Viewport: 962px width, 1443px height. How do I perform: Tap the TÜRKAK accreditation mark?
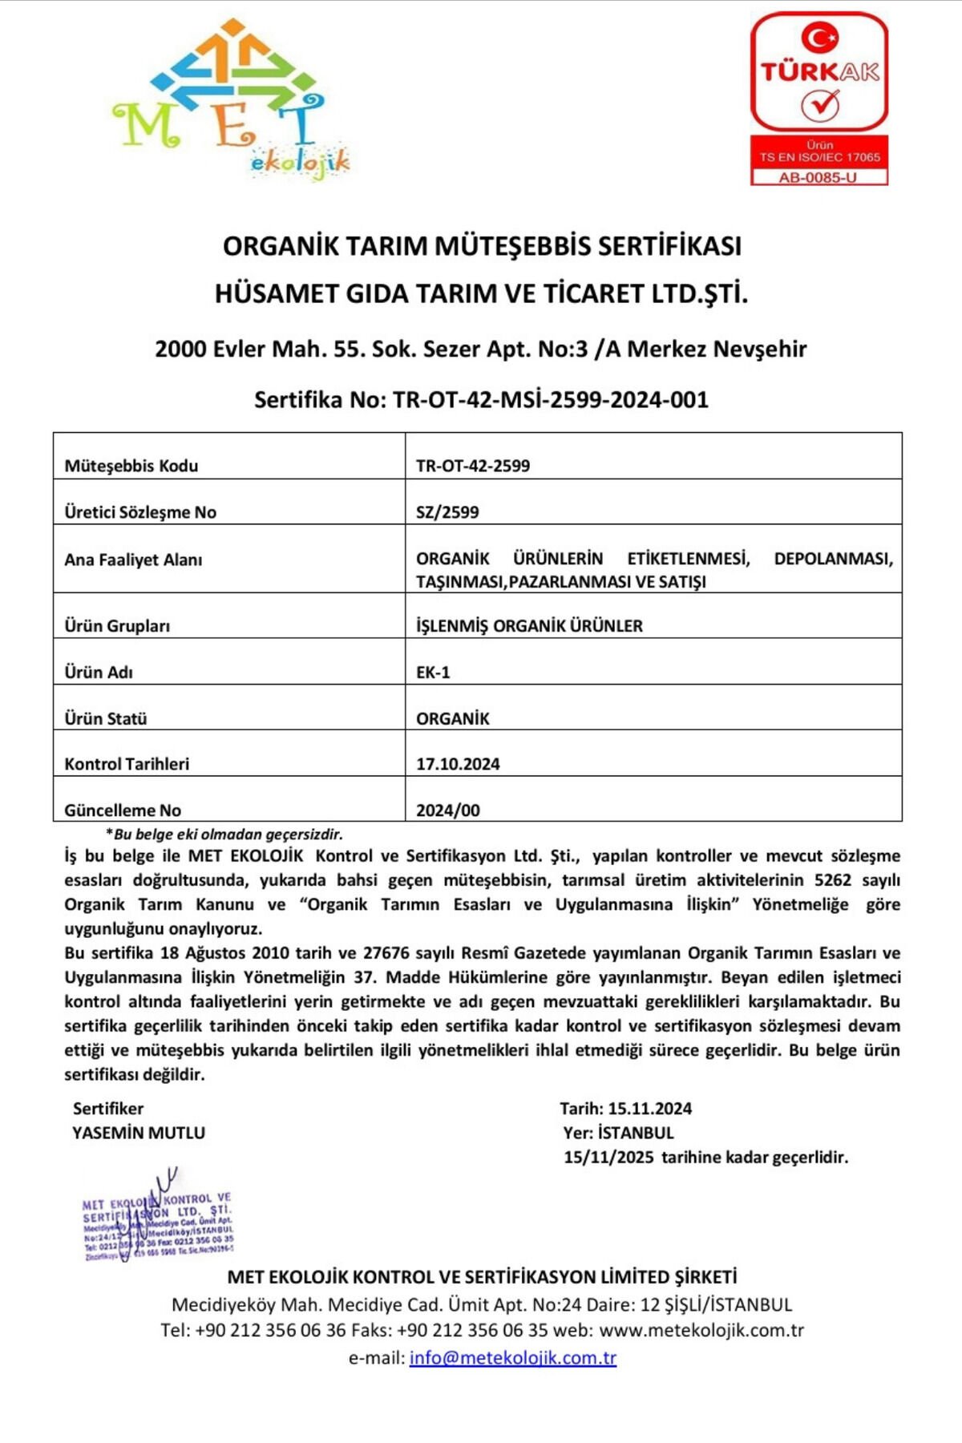tap(819, 72)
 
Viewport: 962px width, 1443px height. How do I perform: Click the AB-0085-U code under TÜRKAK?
tap(819, 177)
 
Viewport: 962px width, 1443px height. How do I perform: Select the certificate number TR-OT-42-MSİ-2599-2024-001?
tap(550, 399)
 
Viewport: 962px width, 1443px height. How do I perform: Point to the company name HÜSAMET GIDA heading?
tap(481, 293)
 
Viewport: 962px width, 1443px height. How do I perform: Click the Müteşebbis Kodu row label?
tap(131, 466)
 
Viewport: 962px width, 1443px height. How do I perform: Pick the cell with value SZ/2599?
tap(447, 512)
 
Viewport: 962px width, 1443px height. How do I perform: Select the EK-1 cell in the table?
tap(433, 672)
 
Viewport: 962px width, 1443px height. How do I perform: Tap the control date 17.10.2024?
tap(458, 764)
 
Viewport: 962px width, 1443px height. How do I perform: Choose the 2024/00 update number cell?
tap(448, 810)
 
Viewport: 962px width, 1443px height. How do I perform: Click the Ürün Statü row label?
tap(106, 718)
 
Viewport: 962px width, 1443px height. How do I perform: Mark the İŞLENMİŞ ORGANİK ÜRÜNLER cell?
tap(529, 626)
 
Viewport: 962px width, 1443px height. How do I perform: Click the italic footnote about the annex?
tap(224, 834)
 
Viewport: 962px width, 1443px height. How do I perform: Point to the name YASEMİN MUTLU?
tap(139, 1133)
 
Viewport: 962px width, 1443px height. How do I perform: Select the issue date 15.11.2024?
tap(649, 1109)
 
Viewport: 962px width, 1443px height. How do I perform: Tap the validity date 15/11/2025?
tap(608, 1157)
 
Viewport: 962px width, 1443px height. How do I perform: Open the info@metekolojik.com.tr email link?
tap(513, 1358)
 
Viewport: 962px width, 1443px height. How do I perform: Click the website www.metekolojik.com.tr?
tap(701, 1330)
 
